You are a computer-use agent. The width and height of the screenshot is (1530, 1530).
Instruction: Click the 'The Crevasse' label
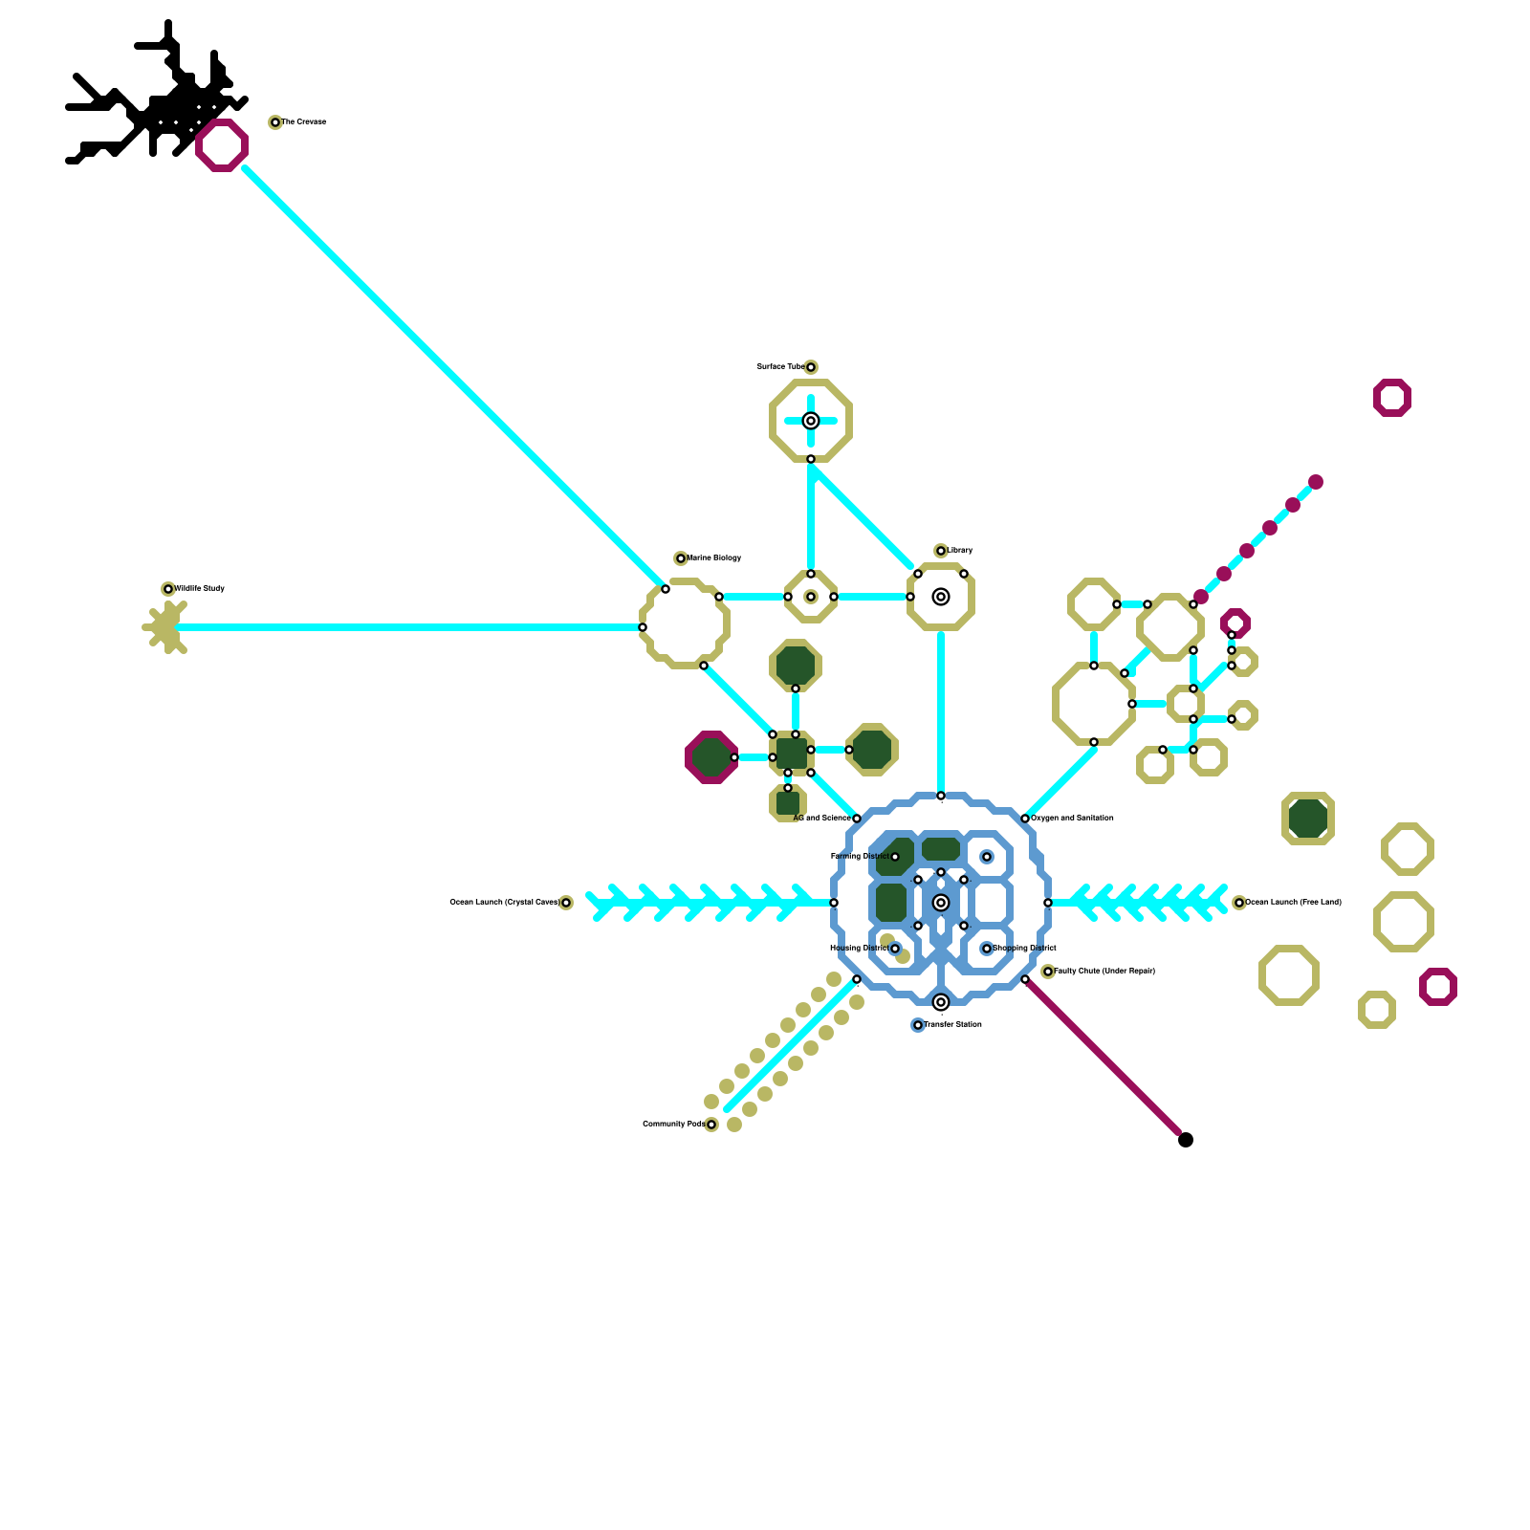coord(303,122)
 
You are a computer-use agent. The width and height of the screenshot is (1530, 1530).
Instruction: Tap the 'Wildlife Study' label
coord(199,589)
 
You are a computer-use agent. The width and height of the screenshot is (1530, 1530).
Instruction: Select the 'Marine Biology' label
coord(713,558)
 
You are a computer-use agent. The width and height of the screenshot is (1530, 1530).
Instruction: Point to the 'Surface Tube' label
coord(780,367)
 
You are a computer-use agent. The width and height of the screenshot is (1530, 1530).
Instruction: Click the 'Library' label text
coord(960,551)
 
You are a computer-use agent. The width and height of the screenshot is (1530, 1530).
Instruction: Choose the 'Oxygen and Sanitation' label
coord(1072,819)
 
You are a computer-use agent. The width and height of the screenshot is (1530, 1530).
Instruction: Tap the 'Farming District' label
coord(859,857)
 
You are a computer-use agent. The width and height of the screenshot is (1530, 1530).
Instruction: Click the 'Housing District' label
coord(859,949)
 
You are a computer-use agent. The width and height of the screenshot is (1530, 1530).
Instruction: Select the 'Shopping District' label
coord(1024,949)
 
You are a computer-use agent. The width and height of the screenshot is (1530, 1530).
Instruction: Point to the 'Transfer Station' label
coord(952,1025)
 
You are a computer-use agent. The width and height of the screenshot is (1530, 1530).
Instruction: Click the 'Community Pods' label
coord(673,1125)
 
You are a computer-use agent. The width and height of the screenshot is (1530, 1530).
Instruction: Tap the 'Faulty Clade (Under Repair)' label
coord(1104,972)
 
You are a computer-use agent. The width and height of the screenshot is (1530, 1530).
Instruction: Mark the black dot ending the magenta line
coord(1186,1140)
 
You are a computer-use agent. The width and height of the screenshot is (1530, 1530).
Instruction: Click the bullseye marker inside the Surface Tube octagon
coord(811,421)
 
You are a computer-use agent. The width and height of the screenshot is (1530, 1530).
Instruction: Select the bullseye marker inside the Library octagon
coord(941,597)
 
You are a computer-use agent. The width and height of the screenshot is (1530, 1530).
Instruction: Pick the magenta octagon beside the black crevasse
coord(222,145)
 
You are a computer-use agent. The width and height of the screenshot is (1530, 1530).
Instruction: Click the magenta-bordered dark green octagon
coord(711,757)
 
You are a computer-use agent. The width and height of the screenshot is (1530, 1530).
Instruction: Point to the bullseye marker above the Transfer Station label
coord(941,1002)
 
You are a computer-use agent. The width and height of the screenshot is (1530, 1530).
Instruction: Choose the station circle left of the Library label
coord(941,551)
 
